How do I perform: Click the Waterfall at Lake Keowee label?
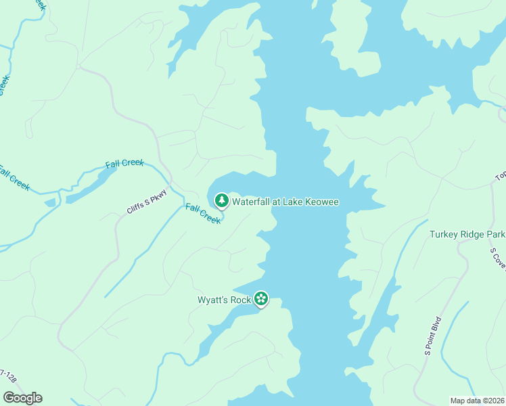tap(285, 201)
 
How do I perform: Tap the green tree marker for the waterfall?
tap(221, 200)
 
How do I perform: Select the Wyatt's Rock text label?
tap(224, 299)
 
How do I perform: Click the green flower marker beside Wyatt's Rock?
tap(261, 299)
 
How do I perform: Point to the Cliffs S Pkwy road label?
tap(146, 201)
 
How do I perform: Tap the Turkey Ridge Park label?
tap(467, 235)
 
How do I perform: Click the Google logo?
tap(22, 397)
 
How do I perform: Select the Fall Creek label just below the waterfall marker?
tap(203, 215)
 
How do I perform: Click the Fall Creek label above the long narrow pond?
tap(124, 165)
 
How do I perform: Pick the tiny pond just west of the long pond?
tap(50, 202)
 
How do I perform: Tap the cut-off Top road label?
tap(501, 177)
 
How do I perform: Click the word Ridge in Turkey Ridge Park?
tap(468, 235)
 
